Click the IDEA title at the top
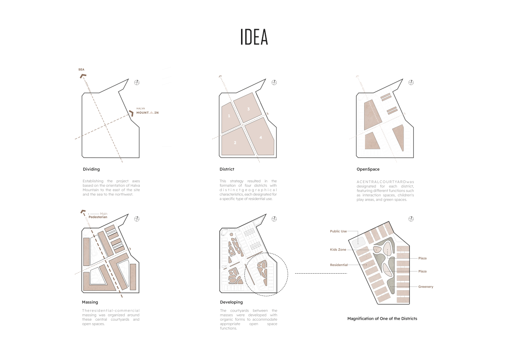coord(254,37)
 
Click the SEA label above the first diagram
coord(81,69)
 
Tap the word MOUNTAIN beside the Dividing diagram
coord(147,112)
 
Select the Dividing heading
coord(91,169)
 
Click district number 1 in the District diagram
coord(229,116)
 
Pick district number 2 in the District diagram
coord(235,142)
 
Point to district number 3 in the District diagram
coord(248,109)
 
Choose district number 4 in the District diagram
coord(261,137)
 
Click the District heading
coord(227,169)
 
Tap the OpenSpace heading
coord(368,169)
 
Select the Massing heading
coord(90,302)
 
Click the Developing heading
coord(231,302)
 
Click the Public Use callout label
coord(338,231)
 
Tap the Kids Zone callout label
coord(338,249)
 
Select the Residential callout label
coord(338,265)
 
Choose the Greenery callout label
coord(426,287)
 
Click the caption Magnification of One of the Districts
coord(382,319)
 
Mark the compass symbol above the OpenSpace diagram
coord(411,82)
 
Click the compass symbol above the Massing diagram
coord(137,219)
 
